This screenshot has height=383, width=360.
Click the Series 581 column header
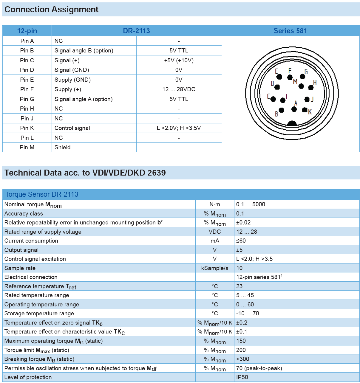click(290, 31)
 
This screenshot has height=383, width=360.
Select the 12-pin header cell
click(27, 31)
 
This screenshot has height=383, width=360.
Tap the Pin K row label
click(27, 128)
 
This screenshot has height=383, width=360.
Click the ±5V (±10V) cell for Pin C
click(179, 60)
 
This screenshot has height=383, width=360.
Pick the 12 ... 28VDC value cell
click(179, 89)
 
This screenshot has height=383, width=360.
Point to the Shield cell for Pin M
click(63, 147)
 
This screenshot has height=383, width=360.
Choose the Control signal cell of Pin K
click(72, 128)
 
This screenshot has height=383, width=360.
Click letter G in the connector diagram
click(306, 72)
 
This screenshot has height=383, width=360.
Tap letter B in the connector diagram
click(276, 114)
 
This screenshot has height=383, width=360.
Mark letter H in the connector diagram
click(315, 83)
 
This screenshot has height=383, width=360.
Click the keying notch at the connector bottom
click(292, 123)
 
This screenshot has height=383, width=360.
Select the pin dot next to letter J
click(307, 99)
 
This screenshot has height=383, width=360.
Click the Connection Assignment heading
click(51, 10)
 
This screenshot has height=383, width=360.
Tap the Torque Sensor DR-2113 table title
click(42, 194)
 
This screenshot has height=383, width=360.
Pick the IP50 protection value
click(242, 377)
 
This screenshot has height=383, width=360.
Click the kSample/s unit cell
click(215, 268)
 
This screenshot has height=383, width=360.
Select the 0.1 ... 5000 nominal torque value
click(251, 204)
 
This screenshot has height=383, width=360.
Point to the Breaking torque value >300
click(242, 359)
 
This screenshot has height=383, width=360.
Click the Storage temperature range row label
click(39, 313)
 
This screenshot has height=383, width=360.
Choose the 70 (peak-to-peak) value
click(259, 368)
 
